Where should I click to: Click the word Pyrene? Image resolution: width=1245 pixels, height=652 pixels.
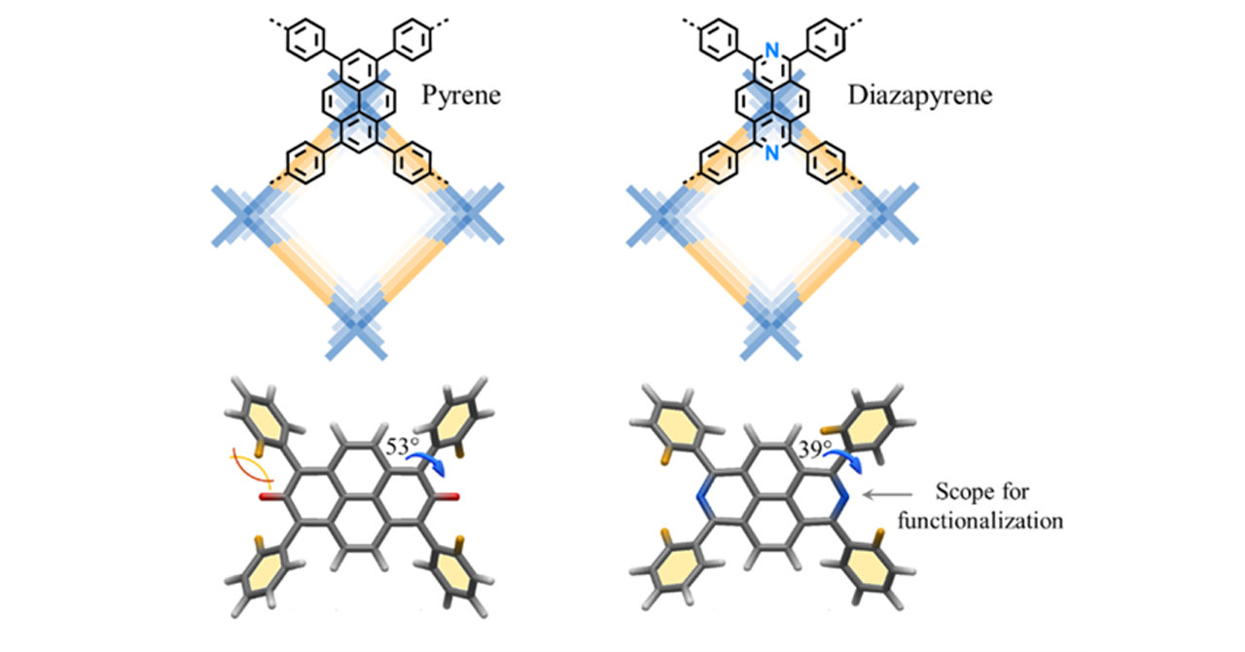pyautogui.click(x=461, y=96)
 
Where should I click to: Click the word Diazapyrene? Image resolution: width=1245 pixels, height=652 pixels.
pyautogui.click(x=920, y=96)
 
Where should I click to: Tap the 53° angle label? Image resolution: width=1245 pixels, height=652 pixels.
pyautogui.click(x=403, y=447)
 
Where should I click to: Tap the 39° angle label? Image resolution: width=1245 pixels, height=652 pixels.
pyautogui.click(x=815, y=449)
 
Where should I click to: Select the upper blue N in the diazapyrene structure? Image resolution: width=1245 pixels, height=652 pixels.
pyautogui.click(x=772, y=50)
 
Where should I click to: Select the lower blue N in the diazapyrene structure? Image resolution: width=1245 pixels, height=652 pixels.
pyautogui.click(x=772, y=153)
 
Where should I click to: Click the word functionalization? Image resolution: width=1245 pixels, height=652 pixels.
pyautogui.click(x=980, y=522)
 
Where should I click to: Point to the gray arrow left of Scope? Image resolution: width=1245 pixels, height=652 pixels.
pyautogui.click(x=887, y=494)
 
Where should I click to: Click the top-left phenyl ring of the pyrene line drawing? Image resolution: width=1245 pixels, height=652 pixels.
pyautogui.click(x=305, y=40)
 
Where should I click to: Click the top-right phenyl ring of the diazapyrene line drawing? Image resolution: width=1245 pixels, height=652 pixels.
pyautogui.click(x=826, y=40)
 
